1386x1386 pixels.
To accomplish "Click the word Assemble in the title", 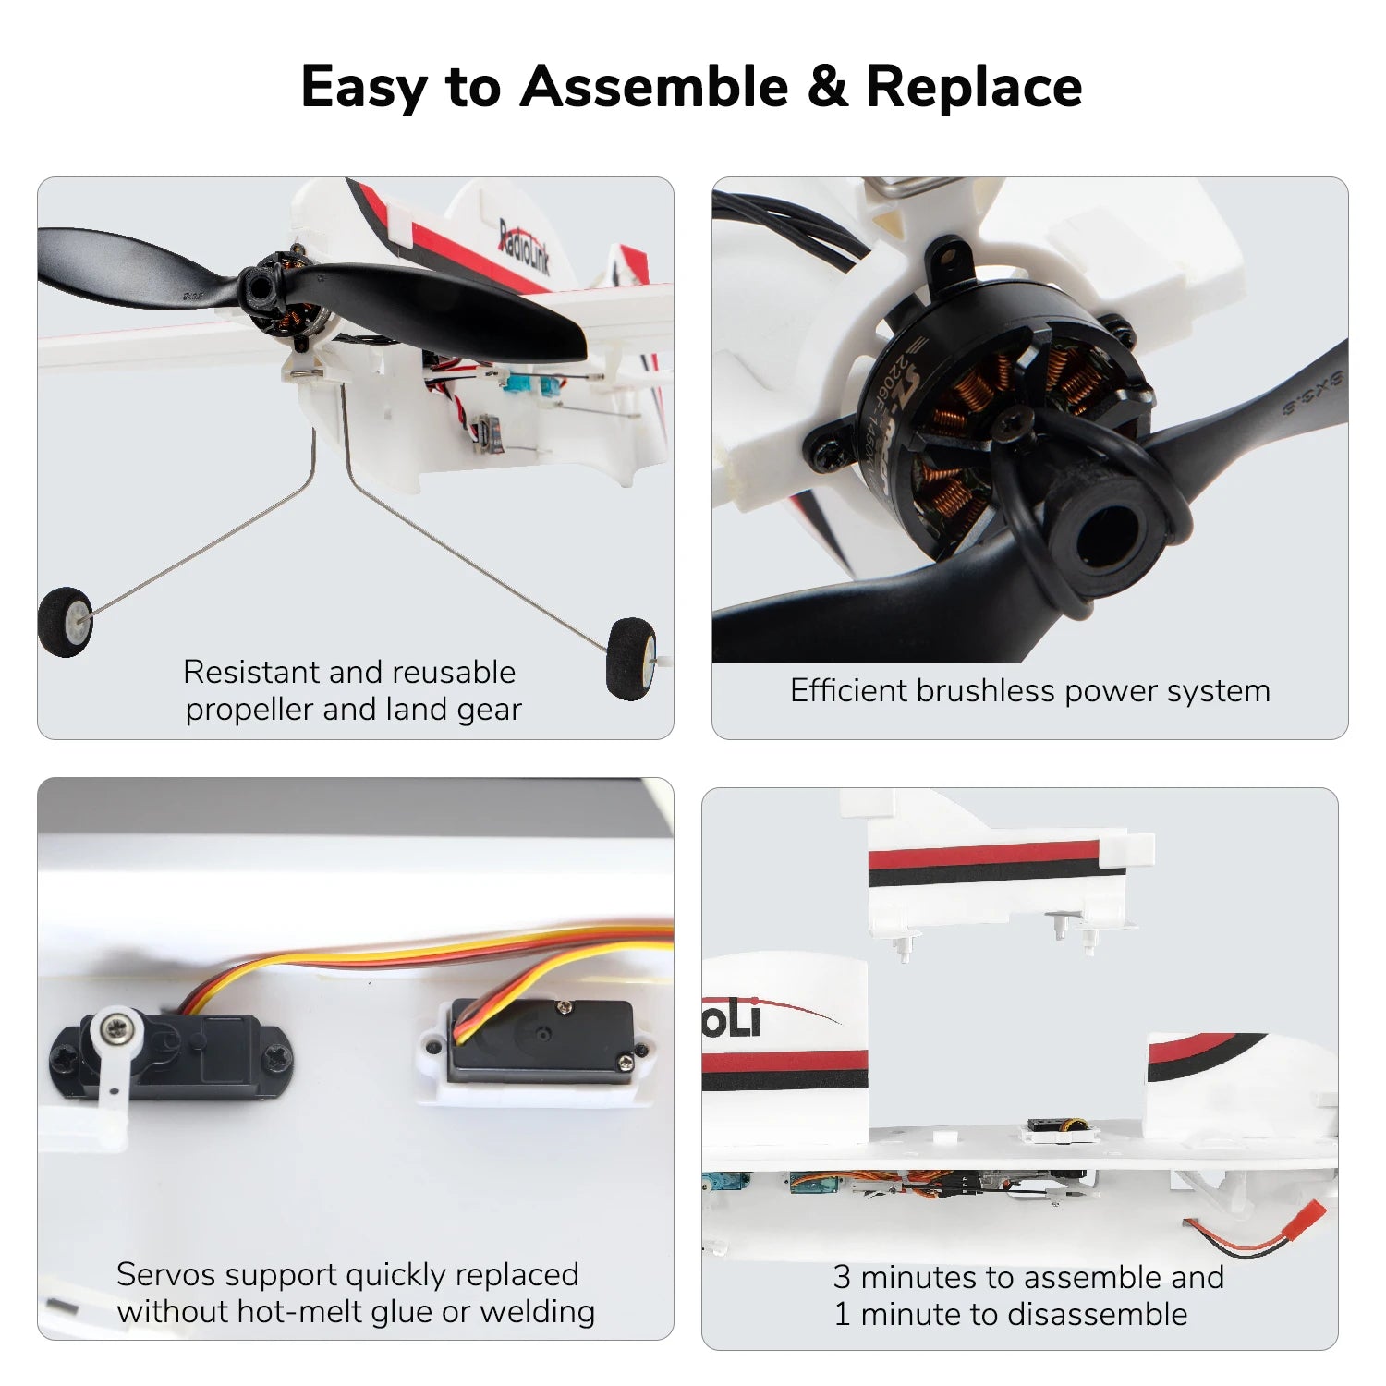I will pos(654,87).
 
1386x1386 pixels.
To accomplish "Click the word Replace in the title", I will pos(973,87).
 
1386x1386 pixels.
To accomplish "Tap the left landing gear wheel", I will pos(66,621).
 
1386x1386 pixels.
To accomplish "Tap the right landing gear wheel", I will pos(632,657).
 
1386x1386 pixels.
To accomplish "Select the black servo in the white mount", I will pos(541,1040).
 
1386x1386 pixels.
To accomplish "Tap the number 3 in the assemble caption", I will pos(841,1277).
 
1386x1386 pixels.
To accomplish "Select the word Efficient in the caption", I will pos(849,691).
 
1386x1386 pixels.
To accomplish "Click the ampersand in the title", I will pos(826,87).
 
